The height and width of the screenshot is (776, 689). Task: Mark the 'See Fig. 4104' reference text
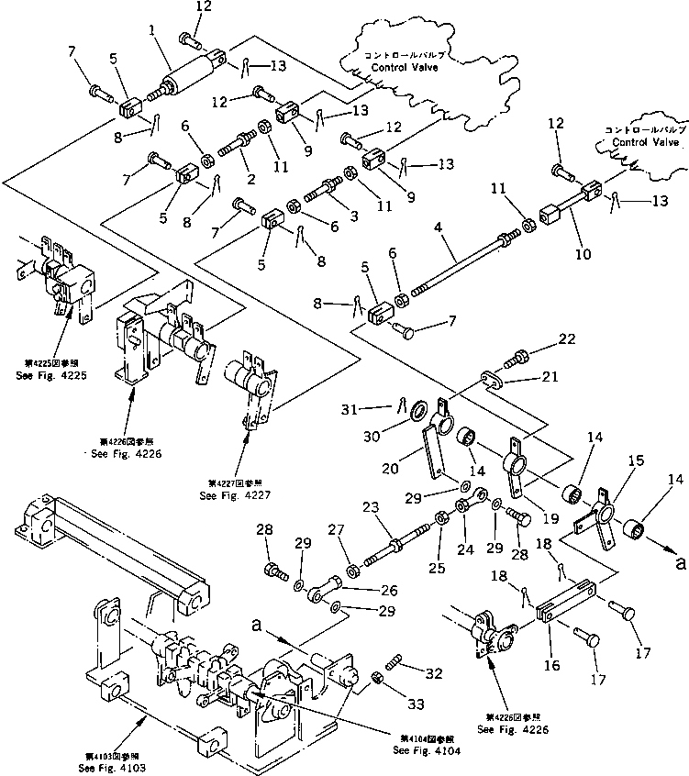coord(426,750)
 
